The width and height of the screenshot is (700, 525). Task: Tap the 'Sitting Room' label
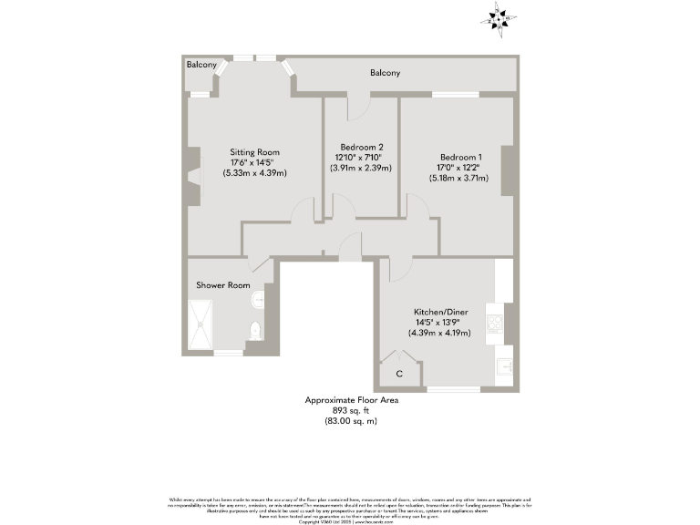[x=254, y=152]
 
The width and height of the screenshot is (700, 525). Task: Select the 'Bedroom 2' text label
[x=362, y=148]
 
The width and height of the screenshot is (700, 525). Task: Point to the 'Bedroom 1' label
[x=460, y=157]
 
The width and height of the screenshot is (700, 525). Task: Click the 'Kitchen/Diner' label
[x=439, y=312]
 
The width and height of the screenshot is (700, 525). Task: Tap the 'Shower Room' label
[x=222, y=285]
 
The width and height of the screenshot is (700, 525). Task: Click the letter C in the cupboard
[x=398, y=374]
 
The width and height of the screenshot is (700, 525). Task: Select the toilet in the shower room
[x=255, y=331]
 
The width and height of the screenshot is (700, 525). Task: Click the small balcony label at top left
[x=201, y=65]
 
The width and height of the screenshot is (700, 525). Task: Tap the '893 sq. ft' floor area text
[x=351, y=410]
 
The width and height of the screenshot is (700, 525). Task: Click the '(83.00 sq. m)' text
[x=351, y=421]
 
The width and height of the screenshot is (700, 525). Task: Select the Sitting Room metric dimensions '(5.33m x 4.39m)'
[x=254, y=173]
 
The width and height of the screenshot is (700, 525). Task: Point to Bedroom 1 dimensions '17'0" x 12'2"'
[x=460, y=167]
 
